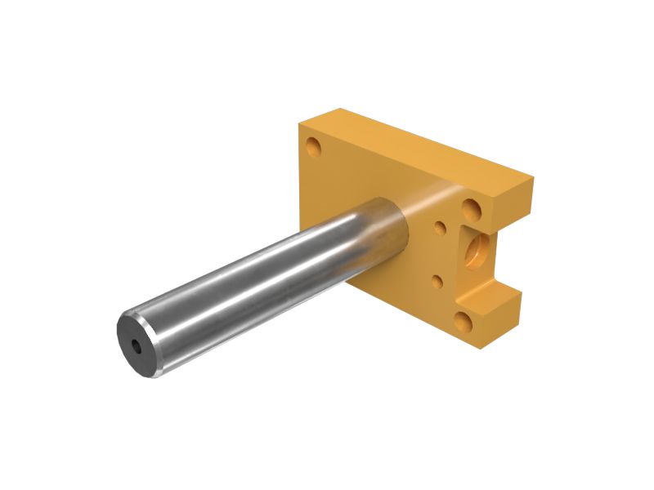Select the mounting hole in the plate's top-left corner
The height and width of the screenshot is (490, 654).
(313, 148)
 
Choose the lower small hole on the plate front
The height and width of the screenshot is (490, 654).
(437, 282)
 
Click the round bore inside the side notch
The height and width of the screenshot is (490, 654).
(477, 252)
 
